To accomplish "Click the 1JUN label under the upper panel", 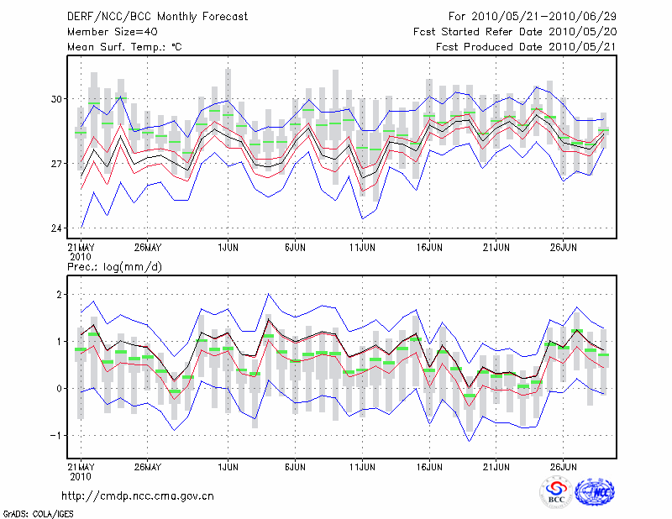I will click(227, 247).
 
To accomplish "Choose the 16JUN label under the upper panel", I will click(429, 247).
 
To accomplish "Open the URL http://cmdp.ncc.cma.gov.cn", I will click(138, 495).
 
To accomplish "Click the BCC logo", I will click(556, 493).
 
